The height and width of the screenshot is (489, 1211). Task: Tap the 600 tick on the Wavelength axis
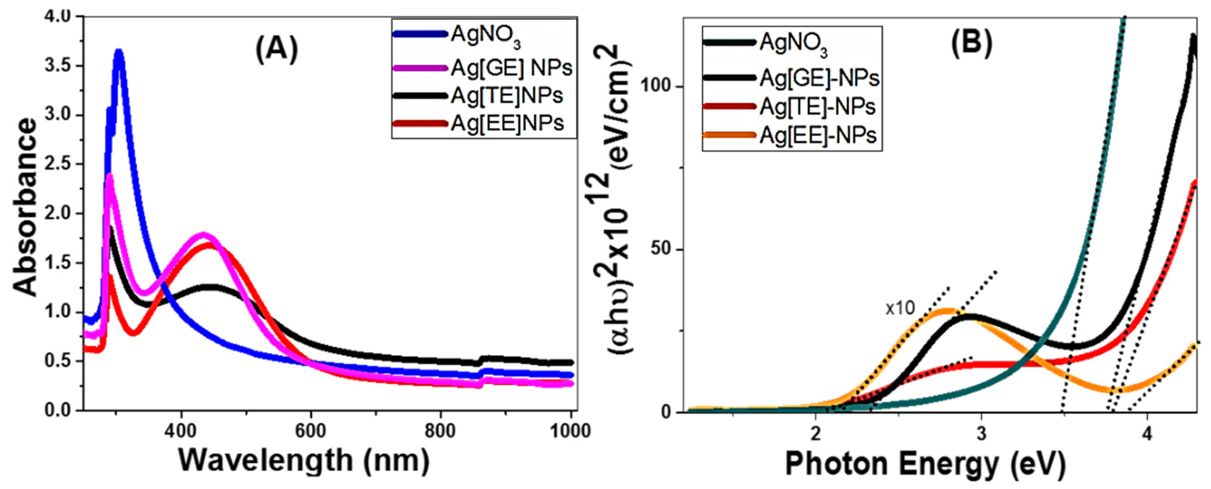point(310,431)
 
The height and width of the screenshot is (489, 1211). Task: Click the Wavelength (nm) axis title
point(304,460)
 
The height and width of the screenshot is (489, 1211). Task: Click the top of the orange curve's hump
point(946,310)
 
